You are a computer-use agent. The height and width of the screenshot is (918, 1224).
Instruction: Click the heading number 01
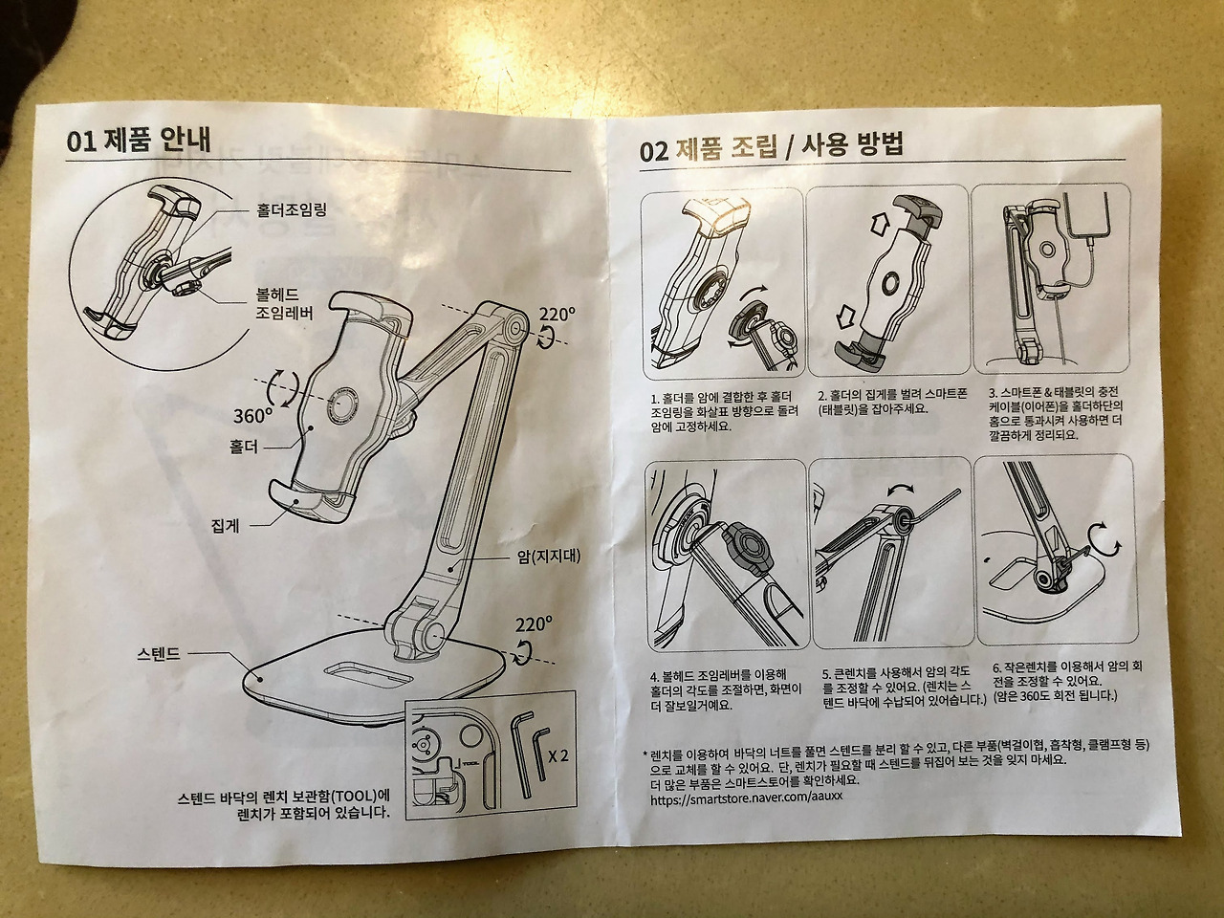click(x=82, y=142)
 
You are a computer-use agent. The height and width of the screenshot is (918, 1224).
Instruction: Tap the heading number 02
click(x=654, y=152)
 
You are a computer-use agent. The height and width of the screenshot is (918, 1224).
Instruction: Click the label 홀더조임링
click(x=291, y=210)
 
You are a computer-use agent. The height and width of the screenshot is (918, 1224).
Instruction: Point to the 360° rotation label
click(x=252, y=415)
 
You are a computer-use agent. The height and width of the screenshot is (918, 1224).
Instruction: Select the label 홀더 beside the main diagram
click(x=244, y=447)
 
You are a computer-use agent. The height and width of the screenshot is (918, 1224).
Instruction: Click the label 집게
click(x=226, y=525)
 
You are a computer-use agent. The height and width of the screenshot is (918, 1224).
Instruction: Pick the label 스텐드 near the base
click(x=159, y=653)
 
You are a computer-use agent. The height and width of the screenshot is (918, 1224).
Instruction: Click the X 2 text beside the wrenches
click(x=557, y=757)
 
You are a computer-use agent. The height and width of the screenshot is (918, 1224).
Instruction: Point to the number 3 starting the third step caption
click(x=991, y=391)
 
